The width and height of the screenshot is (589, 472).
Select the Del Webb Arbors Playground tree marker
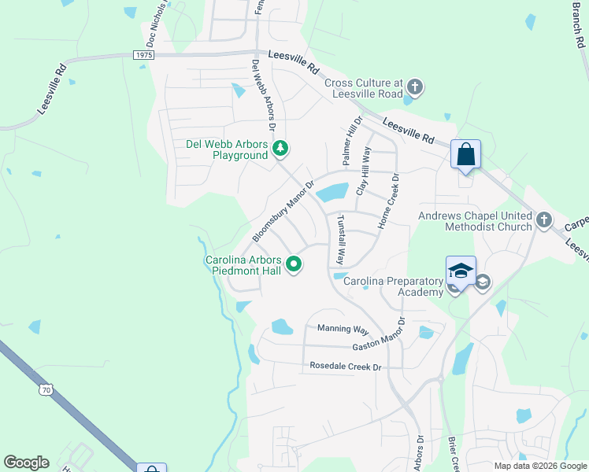(x=280, y=148)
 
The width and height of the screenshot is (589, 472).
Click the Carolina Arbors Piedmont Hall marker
(x=294, y=264)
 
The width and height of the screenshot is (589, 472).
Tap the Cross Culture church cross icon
(x=415, y=87)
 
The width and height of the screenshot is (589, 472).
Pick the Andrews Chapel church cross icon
(x=544, y=220)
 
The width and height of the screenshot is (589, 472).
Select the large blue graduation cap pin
(x=461, y=271)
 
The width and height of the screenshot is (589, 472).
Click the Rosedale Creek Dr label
(x=345, y=367)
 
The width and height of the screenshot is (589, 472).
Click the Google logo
(x=26, y=463)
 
